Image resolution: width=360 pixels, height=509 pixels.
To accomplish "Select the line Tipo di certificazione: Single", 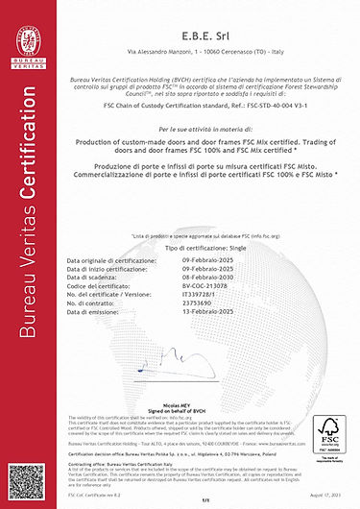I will click(x=202, y=247).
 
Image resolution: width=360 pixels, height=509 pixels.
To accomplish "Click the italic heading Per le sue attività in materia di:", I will click(x=202, y=128).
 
